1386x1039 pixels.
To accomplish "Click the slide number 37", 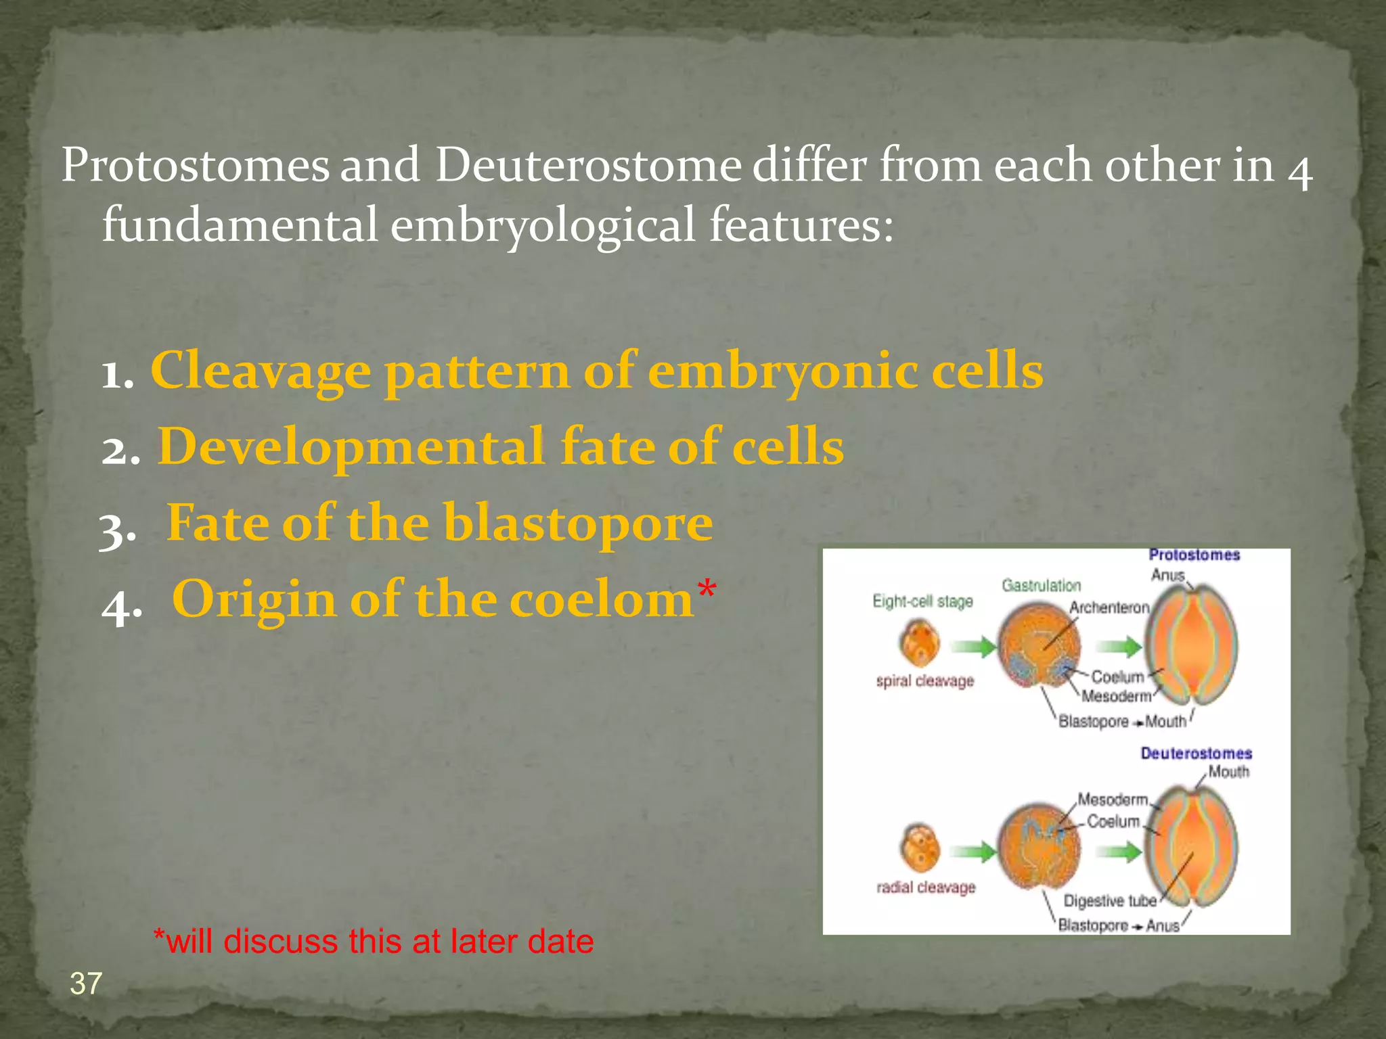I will point(86,984).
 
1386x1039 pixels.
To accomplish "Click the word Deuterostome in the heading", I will point(587,165).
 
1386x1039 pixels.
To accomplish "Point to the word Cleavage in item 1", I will point(261,371).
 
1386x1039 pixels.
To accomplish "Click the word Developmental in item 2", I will point(351,447).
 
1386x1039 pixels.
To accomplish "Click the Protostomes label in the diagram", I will point(1194,555).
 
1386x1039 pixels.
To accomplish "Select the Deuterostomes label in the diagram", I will point(1196,754).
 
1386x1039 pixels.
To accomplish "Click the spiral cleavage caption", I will point(924,681).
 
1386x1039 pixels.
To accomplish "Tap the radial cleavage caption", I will point(926,887).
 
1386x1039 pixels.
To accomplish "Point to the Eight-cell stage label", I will point(922,601).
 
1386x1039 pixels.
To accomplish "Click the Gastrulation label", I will point(1041,585).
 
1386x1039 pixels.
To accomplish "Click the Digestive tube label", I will point(1109,901).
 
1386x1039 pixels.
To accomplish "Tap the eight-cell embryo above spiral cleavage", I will point(920,643).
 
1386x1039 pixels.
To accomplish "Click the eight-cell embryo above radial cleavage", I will point(920,848).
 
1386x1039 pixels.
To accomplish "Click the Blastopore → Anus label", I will point(1118,925).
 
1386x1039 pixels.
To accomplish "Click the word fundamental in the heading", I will point(240,225).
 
